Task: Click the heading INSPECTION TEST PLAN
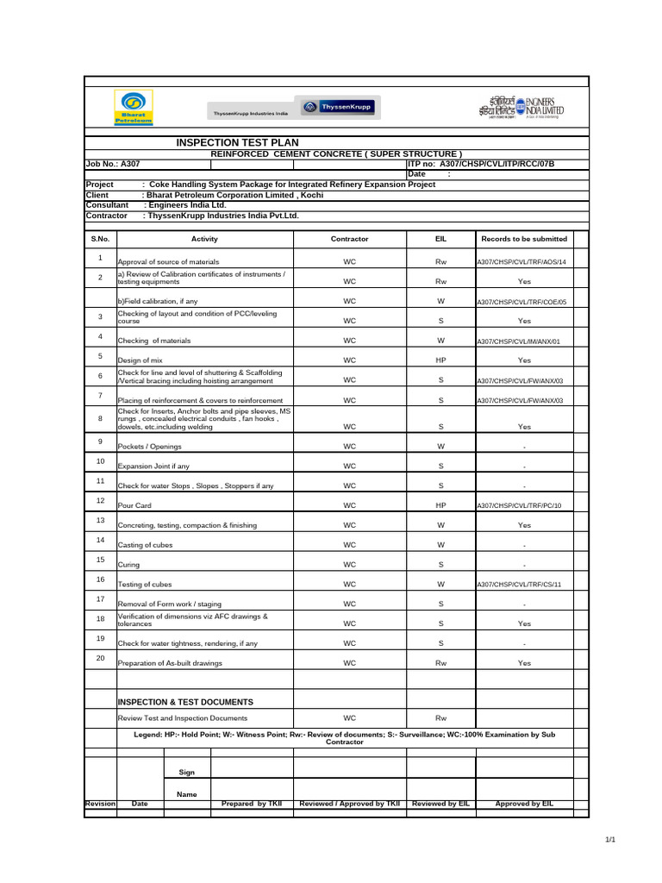click(x=238, y=142)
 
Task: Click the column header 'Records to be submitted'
click(x=523, y=239)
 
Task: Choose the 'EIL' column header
click(x=440, y=239)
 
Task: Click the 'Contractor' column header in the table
click(x=350, y=239)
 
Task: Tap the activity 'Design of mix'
click(x=140, y=360)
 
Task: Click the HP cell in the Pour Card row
click(x=440, y=505)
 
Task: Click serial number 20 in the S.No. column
click(x=100, y=659)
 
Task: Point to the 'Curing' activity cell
click(x=128, y=565)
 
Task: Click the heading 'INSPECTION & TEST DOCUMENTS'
click(x=185, y=702)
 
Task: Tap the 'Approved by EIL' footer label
click(x=524, y=804)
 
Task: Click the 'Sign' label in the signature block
click(x=187, y=772)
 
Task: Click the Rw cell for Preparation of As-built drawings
click(x=440, y=664)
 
